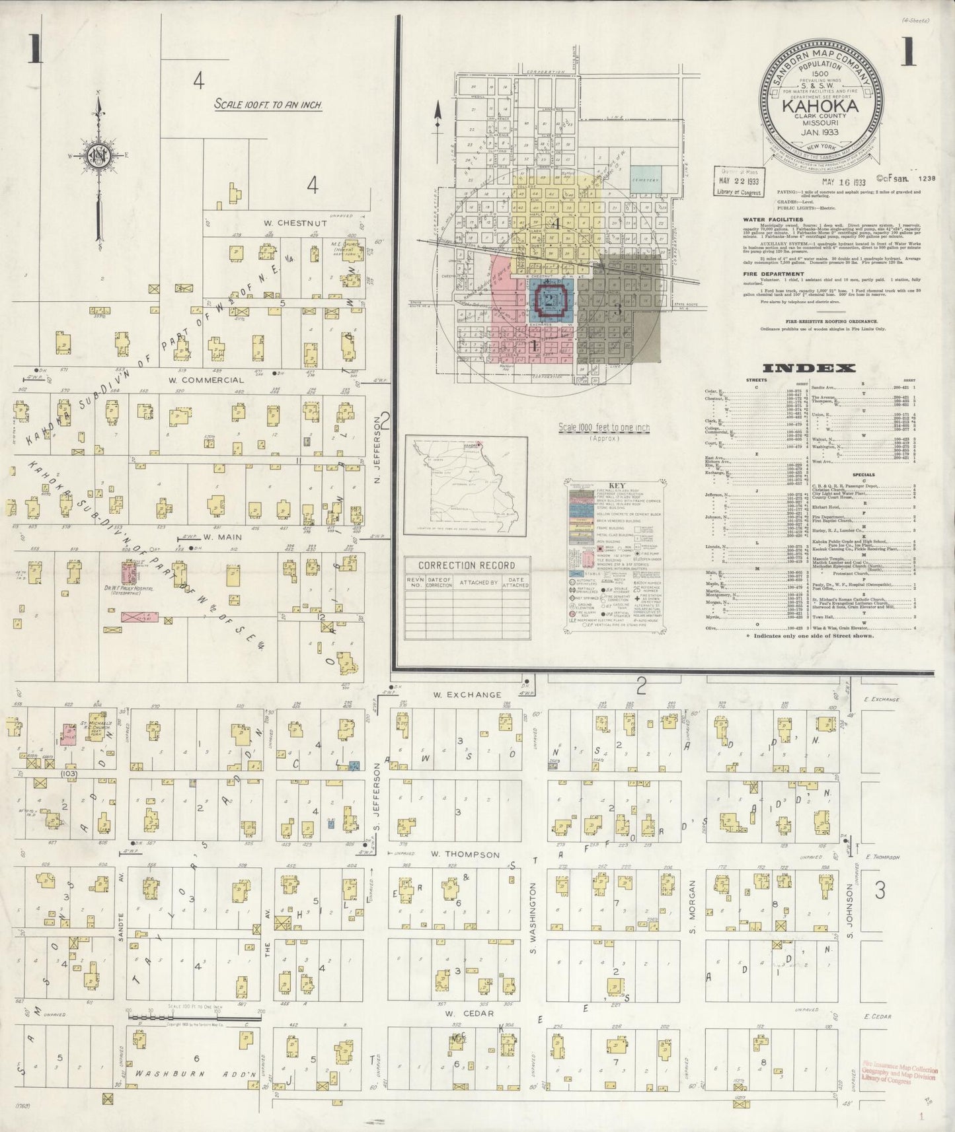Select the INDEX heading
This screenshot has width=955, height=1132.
[x=809, y=369]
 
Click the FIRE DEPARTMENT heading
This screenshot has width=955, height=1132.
[x=772, y=273]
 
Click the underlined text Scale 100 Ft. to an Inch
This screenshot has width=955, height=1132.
[x=268, y=104]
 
